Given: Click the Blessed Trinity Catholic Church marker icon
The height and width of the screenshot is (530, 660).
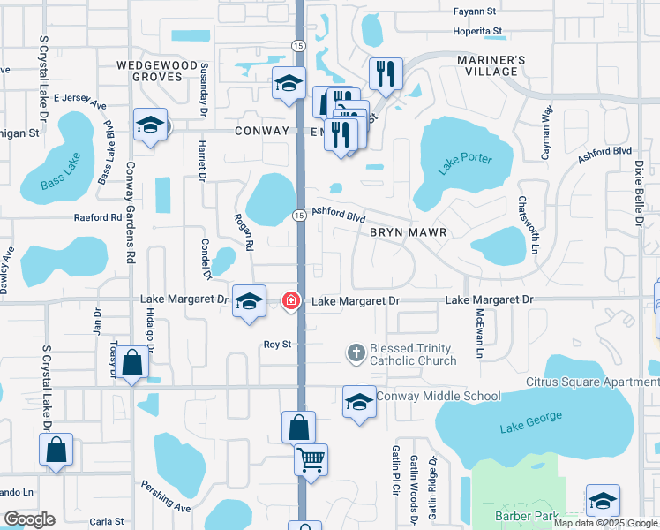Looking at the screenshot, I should tap(356, 353).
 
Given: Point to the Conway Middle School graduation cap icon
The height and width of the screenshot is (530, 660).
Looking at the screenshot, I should tap(359, 403).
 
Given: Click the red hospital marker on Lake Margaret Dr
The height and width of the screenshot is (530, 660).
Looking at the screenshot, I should tap(290, 301).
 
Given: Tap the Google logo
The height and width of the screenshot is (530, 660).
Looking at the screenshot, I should tap(29, 519).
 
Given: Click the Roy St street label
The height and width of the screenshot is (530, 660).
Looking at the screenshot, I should tap(277, 344).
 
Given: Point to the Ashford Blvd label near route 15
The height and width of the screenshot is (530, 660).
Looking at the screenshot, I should tap(338, 216).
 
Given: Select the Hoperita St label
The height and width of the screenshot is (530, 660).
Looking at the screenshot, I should tap(477, 31).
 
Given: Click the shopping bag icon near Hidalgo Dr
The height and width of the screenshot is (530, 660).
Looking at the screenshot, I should tap(133, 363).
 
